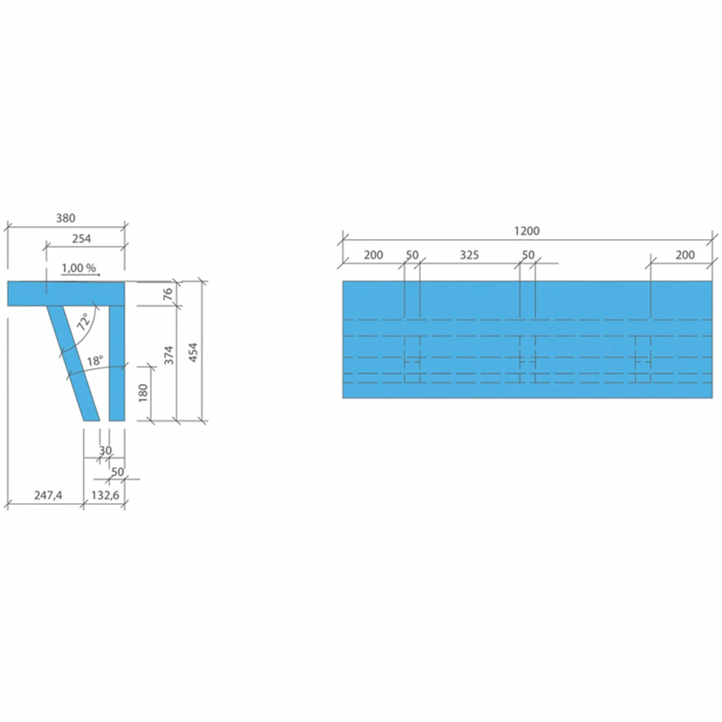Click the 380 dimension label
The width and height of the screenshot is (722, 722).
tap(66, 218)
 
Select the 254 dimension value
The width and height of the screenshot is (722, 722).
tap(82, 238)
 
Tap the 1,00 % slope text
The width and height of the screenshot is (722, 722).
tap(79, 268)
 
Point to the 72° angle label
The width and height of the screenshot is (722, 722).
tap(83, 321)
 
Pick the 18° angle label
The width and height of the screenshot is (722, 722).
tap(95, 360)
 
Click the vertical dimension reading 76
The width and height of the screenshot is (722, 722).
tap(168, 293)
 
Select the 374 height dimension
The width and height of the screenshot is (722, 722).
tap(169, 355)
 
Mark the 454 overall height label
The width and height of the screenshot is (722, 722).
tap(193, 352)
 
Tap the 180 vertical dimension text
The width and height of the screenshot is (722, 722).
tap(143, 393)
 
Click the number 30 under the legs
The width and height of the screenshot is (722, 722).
tap(105, 450)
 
